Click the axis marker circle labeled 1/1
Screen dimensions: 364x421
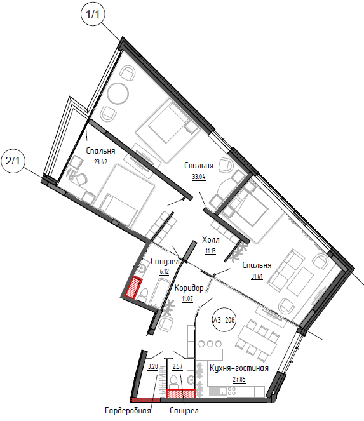(92, 14)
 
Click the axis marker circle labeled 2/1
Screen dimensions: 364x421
(13, 161)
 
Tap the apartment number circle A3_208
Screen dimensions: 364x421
(224, 320)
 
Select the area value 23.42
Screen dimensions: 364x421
(100, 162)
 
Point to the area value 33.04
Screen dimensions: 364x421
(199, 177)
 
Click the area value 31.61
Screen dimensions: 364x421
(257, 277)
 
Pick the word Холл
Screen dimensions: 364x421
(211, 239)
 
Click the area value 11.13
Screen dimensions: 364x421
(211, 251)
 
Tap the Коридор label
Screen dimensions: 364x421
(189, 288)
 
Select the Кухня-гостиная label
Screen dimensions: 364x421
(239, 368)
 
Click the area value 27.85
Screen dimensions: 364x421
(239, 379)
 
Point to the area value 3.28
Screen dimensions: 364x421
(152, 366)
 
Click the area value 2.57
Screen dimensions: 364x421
(178, 366)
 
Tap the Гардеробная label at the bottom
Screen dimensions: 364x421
(128, 411)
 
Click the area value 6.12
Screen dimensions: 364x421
(164, 271)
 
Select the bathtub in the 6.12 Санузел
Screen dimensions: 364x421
(159, 293)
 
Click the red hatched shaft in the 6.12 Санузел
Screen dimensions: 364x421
(134, 288)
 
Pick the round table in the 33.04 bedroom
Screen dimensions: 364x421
(118, 93)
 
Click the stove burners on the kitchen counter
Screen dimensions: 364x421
(232, 391)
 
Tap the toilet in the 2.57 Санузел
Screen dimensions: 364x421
(173, 382)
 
